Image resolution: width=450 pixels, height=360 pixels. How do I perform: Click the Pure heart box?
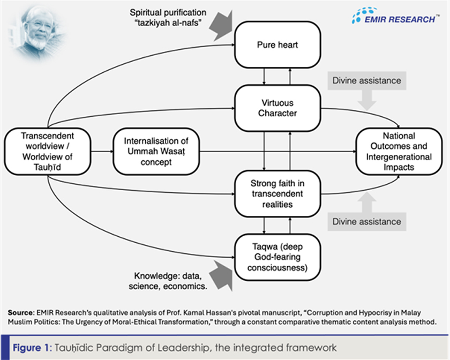pyautogui.click(x=277, y=45)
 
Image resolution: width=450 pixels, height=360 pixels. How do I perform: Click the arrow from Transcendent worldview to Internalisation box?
pyautogui.click(x=102, y=152)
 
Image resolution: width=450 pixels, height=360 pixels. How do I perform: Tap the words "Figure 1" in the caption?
pyautogui.click(x=31, y=348)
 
